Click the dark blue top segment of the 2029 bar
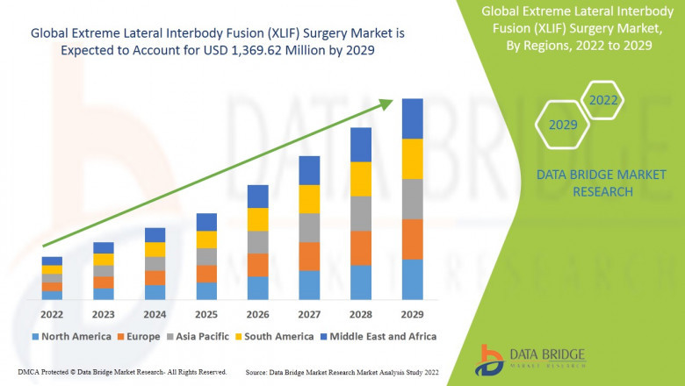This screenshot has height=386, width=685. click(x=412, y=118)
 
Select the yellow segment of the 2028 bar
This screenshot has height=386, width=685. click(x=361, y=179)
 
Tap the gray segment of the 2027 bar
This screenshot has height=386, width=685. click(x=309, y=227)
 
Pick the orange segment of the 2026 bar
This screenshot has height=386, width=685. click(x=257, y=265)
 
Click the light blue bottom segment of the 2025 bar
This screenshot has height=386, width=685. click(x=206, y=291)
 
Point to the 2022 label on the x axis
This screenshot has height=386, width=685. click(x=52, y=314)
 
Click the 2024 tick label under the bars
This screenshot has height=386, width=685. click(x=155, y=314)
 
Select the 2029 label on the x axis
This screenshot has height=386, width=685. click(x=412, y=314)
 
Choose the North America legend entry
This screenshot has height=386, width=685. click(x=71, y=336)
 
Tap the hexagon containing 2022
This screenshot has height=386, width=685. click(x=603, y=101)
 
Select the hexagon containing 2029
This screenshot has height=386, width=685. click(x=563, y=125)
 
